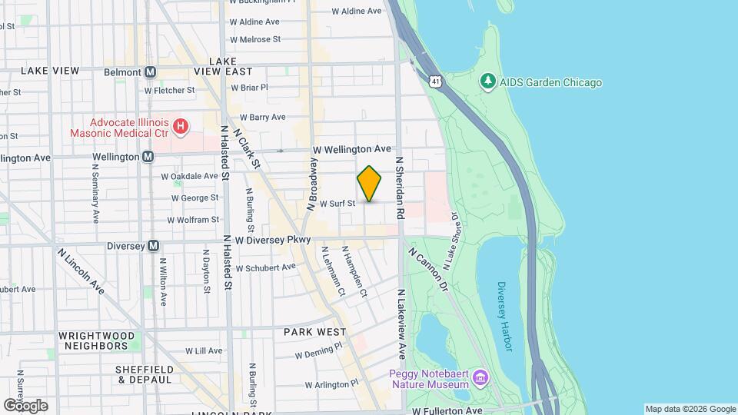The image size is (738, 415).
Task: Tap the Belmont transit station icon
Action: tap(151, 71)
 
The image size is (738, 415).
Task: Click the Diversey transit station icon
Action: tap(153, 246)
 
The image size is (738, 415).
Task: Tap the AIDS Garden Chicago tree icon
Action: tap(487, 81)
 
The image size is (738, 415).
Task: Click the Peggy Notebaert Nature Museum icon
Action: tap(480, 377)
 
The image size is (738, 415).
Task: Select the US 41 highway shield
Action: tap(436, 81)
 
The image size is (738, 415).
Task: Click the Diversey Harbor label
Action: tap(503, 316)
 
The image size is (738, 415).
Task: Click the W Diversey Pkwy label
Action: tap(273, 241)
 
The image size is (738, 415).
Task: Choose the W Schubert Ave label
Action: tap(265, 267)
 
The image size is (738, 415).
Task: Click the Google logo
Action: tap(25, 405)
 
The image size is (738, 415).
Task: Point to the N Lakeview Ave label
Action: tap(401, 324)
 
